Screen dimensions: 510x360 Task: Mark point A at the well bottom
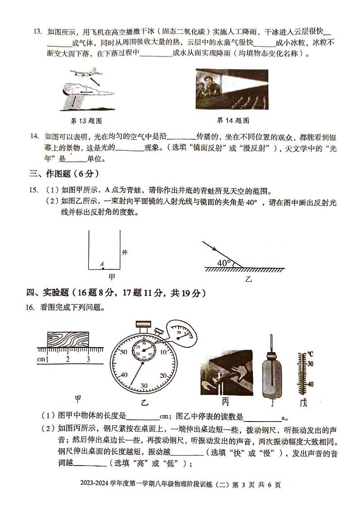[x=102, y=268]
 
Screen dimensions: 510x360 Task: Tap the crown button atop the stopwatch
[x=143, y=324]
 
